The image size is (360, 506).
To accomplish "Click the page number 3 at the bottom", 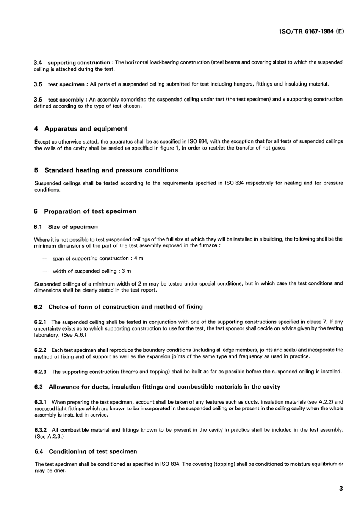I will point(341,489).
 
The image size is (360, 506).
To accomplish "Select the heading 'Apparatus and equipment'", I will point(86,129).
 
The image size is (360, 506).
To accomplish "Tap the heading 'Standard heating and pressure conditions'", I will point(111,170).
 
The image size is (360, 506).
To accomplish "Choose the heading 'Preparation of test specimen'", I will point(90,211).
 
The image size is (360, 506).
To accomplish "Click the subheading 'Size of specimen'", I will point(73,227).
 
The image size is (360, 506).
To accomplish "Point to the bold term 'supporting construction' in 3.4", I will point(79,62).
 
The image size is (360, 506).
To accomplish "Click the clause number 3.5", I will point(38,84).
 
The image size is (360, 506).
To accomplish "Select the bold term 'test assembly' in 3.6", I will point(66,100).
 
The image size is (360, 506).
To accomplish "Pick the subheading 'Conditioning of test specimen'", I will point(93,451).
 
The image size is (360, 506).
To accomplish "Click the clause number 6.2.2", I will point(40,350).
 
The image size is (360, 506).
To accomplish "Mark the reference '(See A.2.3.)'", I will point(49,437).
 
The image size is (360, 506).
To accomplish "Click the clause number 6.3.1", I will point(41,402).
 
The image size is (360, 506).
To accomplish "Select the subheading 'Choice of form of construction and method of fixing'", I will point(125,307).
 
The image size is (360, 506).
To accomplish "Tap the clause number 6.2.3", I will point(40,372).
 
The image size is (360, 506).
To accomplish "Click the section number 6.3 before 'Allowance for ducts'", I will point(38,387).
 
